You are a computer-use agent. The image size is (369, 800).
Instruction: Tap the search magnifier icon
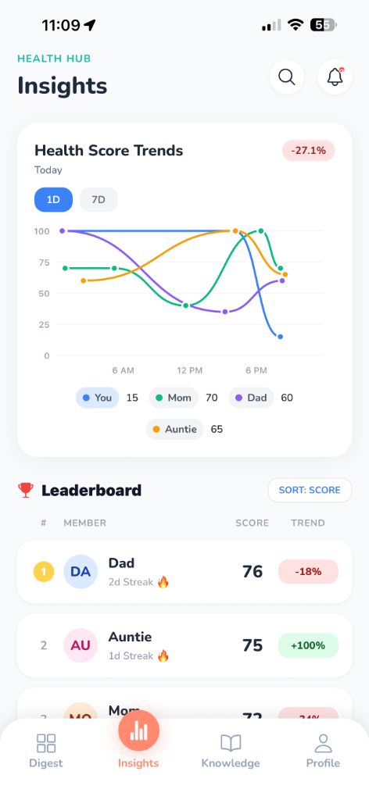coord(287,77)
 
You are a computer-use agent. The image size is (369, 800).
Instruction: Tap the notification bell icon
coord(335,77)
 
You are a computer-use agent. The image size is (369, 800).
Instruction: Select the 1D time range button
coord(53,199)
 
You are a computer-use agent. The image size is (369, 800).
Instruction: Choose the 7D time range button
coord(99,199)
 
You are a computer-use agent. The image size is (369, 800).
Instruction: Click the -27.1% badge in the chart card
coord(308,150)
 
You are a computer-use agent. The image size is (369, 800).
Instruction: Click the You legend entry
coord(97,398)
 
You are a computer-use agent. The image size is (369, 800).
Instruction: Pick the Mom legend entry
coord(173,398)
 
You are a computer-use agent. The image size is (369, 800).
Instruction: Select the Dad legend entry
coord(251,398)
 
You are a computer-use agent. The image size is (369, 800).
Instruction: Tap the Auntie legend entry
coord(175,429)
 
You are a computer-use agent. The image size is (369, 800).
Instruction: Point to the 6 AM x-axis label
coord(123,370)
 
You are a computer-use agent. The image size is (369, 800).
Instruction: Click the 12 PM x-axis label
coord(190,370)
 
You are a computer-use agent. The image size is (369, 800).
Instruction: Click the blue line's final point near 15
coord(280,337)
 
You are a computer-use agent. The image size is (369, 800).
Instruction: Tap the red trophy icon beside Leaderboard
coord(26,491)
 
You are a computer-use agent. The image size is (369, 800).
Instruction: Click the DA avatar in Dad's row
coord(81,572)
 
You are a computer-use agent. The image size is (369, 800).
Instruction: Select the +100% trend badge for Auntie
coord(308,645)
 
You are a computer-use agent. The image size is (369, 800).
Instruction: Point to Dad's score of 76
coord(253,572)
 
